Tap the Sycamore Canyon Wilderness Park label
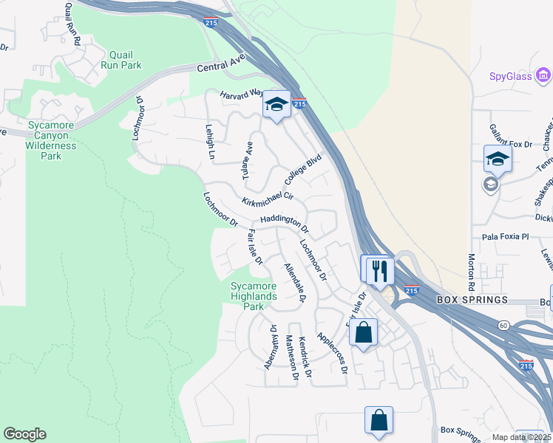51,140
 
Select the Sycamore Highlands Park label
254,296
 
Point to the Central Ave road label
220,67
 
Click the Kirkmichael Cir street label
268,199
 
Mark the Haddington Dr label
283,223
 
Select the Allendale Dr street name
294,282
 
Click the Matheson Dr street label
291,357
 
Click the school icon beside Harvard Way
276,105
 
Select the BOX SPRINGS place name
472,300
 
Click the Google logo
24,434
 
